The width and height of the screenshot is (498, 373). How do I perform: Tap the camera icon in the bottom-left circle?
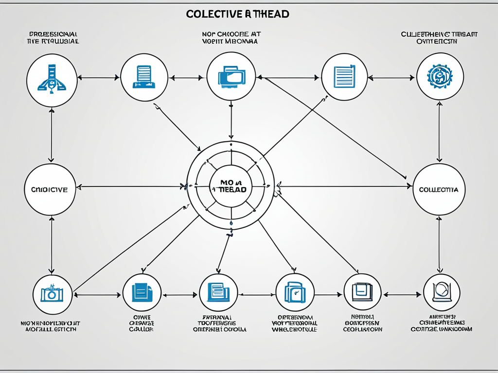click(x=52, y=293)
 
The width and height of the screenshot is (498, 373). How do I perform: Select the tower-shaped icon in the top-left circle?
click(x=52, y=78)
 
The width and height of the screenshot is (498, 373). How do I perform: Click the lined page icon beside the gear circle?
click(x=344, y=77)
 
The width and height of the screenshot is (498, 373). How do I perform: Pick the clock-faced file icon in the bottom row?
click(x=295, y=293)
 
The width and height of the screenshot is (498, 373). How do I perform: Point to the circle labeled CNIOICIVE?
click(x=50, y=189)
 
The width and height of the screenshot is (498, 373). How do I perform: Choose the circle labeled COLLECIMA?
click(x=439, y=189)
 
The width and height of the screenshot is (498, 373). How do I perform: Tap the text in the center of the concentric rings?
click(x=230, y=186)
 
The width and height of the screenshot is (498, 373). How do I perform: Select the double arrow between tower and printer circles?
click(x=99, y=77)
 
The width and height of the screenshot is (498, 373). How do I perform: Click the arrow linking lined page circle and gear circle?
click(x=391, y=77)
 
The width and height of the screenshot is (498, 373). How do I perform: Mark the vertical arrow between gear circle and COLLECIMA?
click(x=440, y=131)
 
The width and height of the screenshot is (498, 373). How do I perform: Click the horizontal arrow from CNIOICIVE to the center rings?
click(x=131, y=186)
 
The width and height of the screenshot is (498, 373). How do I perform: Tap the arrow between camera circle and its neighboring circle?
click(x=96, y=294)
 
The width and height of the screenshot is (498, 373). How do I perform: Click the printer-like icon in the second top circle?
click(x=144, y=77)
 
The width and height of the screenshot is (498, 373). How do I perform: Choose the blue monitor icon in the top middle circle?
click(x=231, y=76)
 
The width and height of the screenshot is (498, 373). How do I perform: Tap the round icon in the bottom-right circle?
click(x=442, y=292)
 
